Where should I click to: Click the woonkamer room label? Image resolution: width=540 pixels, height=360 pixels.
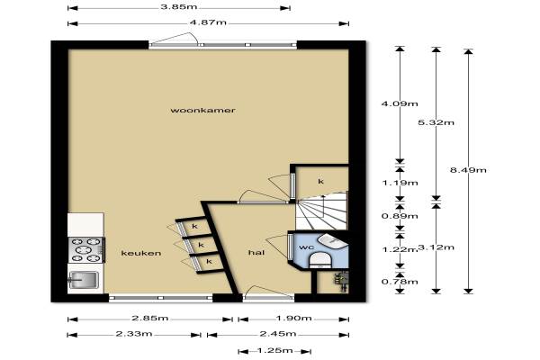[202, 110]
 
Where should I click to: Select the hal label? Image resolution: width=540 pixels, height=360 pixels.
[256, 253]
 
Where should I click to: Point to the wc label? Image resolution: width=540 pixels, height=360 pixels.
[306, 247]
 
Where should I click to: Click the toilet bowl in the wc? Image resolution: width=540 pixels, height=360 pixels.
[320, 260]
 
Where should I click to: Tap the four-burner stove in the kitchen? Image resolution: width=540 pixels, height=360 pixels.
[85, 250]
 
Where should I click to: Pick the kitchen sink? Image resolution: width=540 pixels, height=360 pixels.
[84, 280]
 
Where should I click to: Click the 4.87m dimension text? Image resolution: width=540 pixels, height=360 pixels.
[208, 22]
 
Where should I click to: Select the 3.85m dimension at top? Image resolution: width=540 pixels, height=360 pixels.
[179, 6]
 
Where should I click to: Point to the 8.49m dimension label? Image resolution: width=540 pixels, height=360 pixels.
[468, 170]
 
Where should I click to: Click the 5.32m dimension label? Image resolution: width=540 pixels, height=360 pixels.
[436, 122]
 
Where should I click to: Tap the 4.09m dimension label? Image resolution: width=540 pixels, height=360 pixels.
[400, 103]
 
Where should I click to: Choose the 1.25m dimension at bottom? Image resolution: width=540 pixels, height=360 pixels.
[275, 351]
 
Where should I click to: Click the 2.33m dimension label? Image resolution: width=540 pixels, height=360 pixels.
[134, 334]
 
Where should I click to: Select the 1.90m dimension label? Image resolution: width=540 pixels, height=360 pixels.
[294, 319]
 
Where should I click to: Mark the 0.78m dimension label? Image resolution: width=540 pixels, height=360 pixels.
[400, 282]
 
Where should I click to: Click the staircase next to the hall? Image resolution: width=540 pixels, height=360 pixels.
[322, 211]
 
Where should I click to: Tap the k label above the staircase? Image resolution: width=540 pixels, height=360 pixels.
[320, 181]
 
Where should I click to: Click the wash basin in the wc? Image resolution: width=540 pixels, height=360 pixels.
[331, 241]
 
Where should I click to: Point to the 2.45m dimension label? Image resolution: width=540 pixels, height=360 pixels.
[278, 334]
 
